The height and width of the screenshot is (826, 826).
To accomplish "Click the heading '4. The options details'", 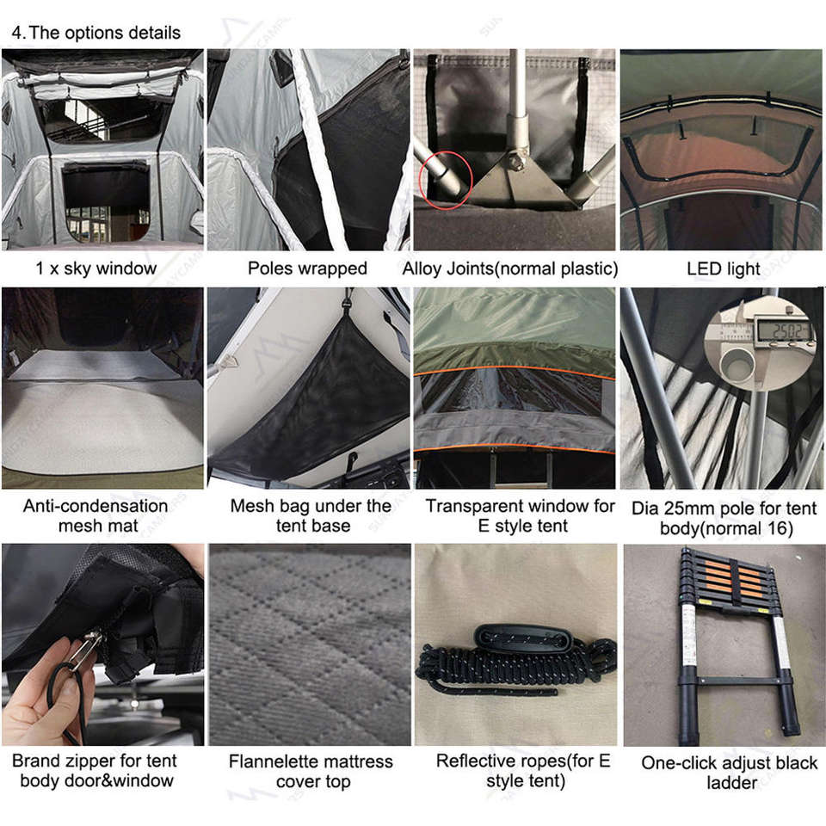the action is pyautogui.click(x=96, y=33).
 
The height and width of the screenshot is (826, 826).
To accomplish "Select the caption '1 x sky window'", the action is pyautogui.click(x=96, y=268).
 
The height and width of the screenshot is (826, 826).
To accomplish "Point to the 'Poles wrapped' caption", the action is pyautogui.click(x=308, y=268).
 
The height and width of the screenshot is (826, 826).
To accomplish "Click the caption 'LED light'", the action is pyautogui.click(x=724, y=268).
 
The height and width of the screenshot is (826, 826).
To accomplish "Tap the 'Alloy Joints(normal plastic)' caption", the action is pyautogui.click(x=510, y=268).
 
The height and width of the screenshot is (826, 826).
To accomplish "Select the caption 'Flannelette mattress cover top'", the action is pyautogui.click(x=311, y=771).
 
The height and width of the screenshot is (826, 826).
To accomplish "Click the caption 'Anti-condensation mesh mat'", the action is pyautogui.click(x=96, y=515).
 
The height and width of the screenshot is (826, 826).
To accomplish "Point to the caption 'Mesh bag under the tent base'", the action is pyautogui.click(x=311, y=515).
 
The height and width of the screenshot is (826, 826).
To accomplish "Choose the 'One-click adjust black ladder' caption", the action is pyautogui.click(x=729, y=773).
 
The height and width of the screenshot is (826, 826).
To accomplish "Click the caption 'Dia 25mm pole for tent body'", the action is pyautogui.click(x=724, y=518).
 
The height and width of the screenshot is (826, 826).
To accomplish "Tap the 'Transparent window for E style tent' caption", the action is pyautogui.click(x=521, y=515).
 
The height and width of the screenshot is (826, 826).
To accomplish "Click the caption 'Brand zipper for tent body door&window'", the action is pyautogui.click(x=95, y=770).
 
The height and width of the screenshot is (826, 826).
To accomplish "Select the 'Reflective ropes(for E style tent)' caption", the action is pyautogui.click(x=523, y=770).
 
